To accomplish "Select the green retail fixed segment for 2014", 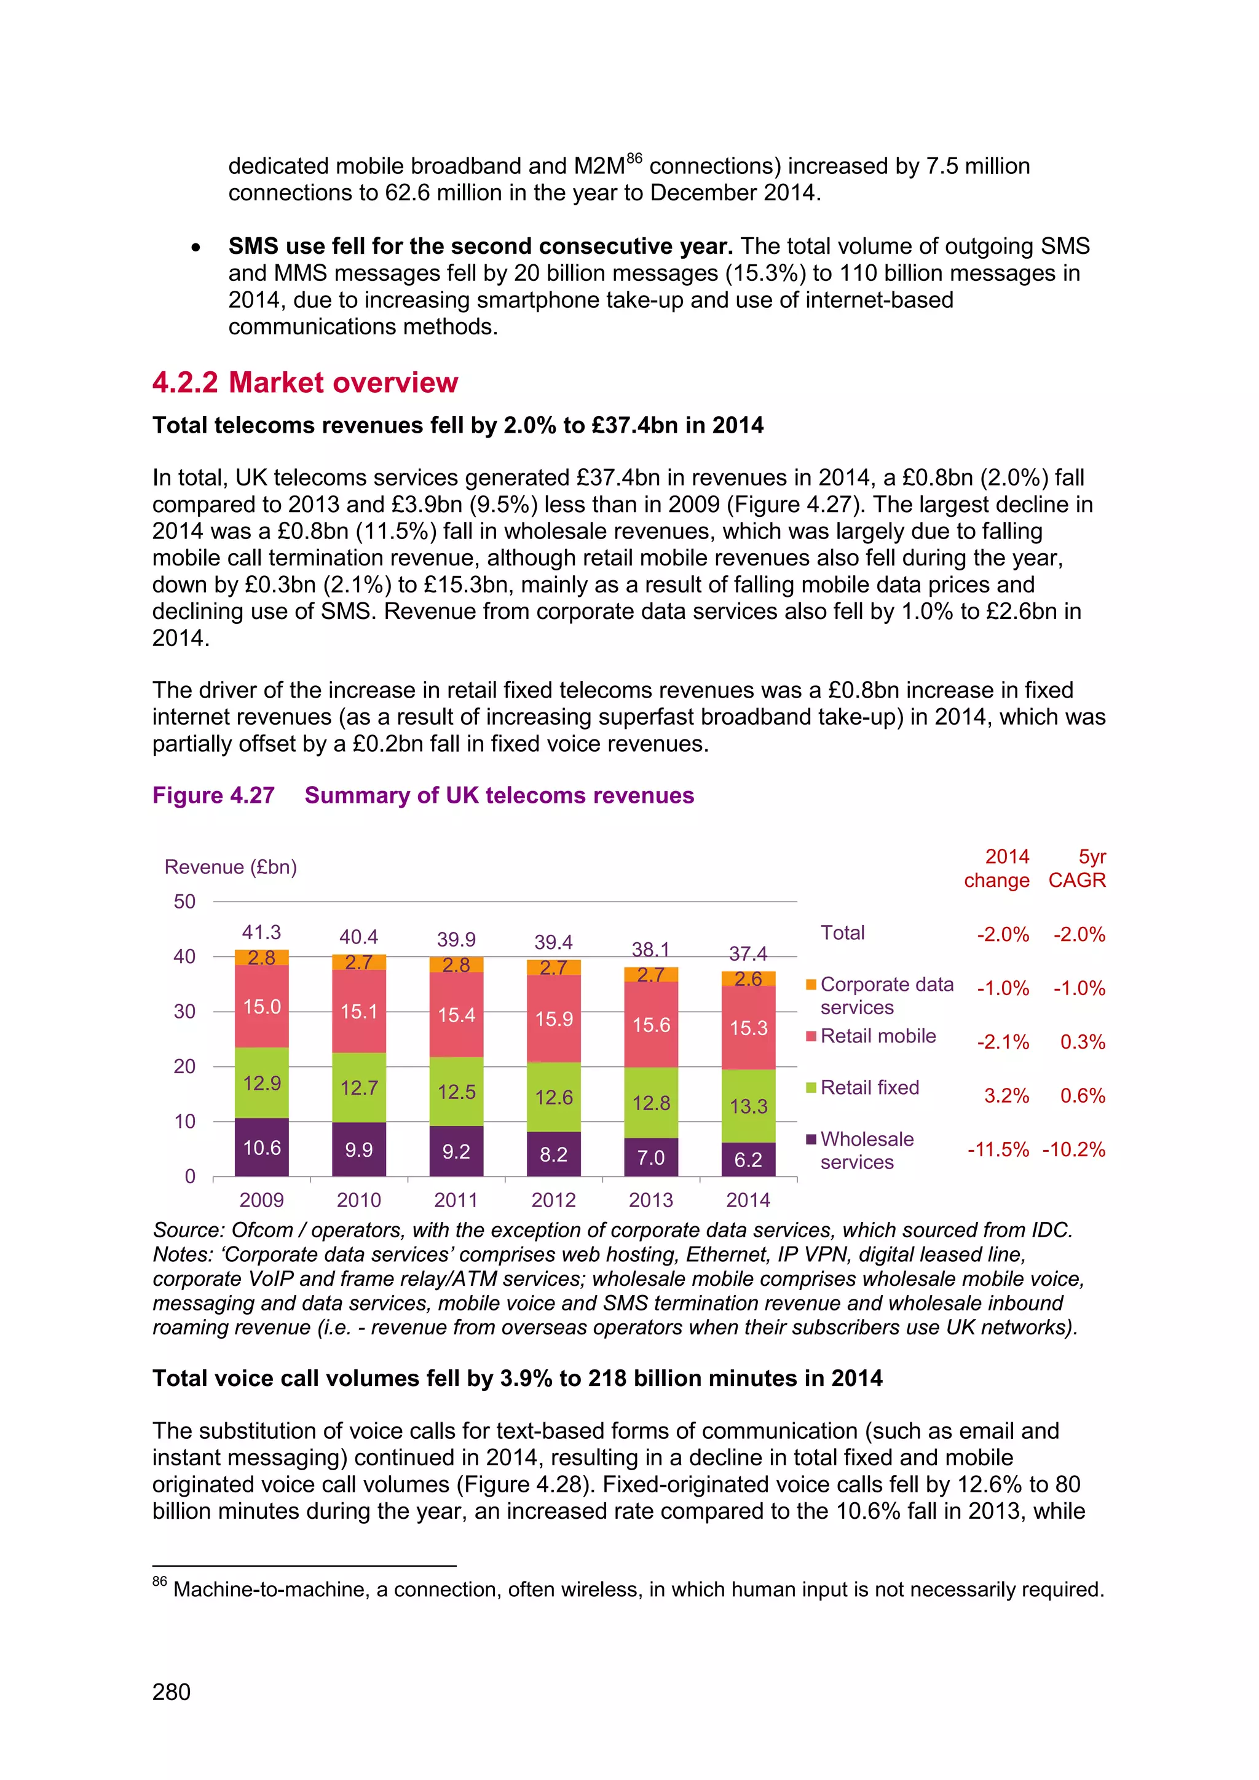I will point(748,1106).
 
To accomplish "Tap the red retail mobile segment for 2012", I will point(553,1018).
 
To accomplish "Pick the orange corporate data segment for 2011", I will point(456,964).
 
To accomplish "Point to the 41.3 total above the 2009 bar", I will point(261,932).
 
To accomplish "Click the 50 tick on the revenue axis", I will point(184,902).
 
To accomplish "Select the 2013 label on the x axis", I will point(650,1200).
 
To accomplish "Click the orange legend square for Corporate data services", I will point(811,985).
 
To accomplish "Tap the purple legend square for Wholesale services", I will point(811,1139).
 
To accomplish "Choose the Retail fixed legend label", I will point(870,1088).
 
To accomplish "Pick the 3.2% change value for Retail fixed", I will point(1006,1095).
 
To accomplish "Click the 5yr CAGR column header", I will point(1078,868).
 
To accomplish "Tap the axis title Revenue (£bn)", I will point(231,867).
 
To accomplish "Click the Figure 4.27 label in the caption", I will point(213,795).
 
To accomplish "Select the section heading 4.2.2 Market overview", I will point(305,382).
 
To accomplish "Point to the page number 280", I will point(172,1691).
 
